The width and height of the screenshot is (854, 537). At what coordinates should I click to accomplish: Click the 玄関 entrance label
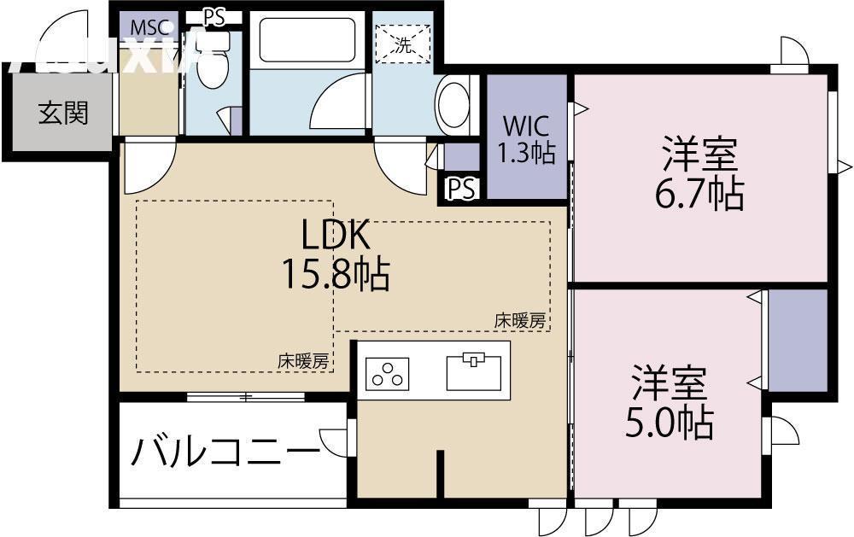coord(62,112)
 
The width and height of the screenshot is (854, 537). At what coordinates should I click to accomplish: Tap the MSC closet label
coord(149,26)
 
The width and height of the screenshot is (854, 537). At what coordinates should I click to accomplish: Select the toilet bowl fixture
coord(213,69)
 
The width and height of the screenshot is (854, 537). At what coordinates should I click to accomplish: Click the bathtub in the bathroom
coord(307,40)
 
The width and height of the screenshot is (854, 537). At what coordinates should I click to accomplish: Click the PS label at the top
coord(213,16)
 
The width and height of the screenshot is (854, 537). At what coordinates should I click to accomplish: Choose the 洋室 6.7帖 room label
coord(699,175)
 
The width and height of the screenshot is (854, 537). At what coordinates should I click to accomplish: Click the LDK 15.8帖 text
coord(335,254)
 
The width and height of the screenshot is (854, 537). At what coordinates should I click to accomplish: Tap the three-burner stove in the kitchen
coord(388,372)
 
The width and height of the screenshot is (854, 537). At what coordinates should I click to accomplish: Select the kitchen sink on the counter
coord(472,371)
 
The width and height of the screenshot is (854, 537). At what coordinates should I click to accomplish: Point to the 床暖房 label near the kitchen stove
coord(303,361)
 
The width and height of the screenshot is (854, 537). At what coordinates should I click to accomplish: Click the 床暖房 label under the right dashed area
coord(520,321)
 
